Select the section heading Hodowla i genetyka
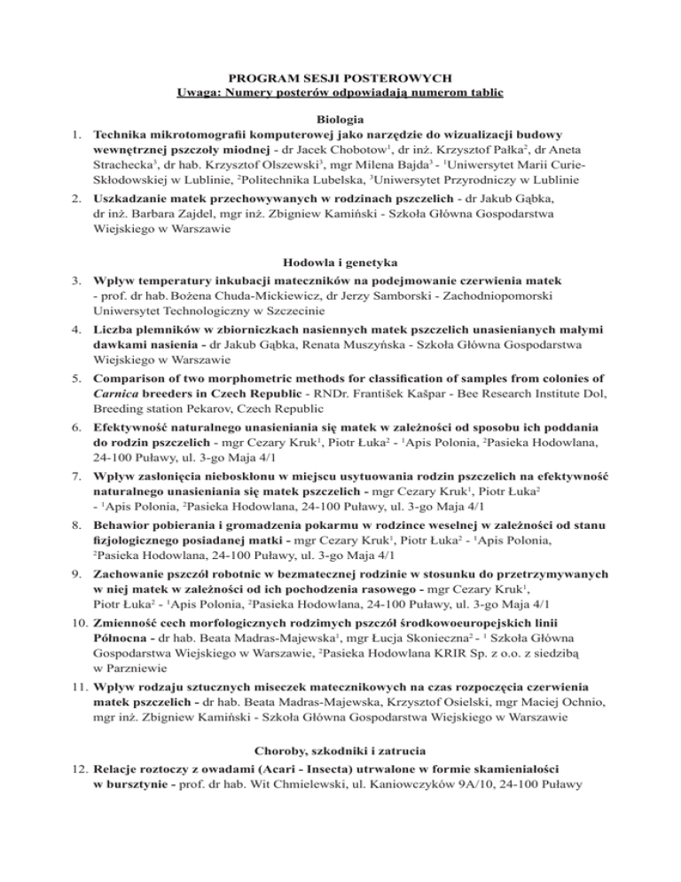pyautogui.click(x=340, y=263)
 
